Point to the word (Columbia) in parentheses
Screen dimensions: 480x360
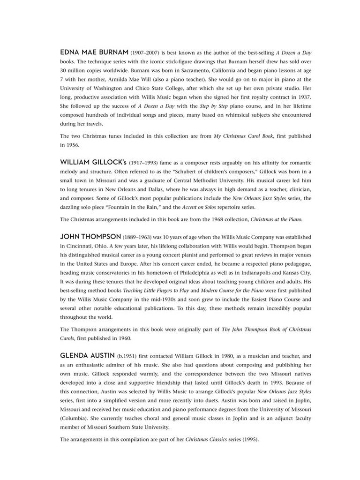tap(77, 419)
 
